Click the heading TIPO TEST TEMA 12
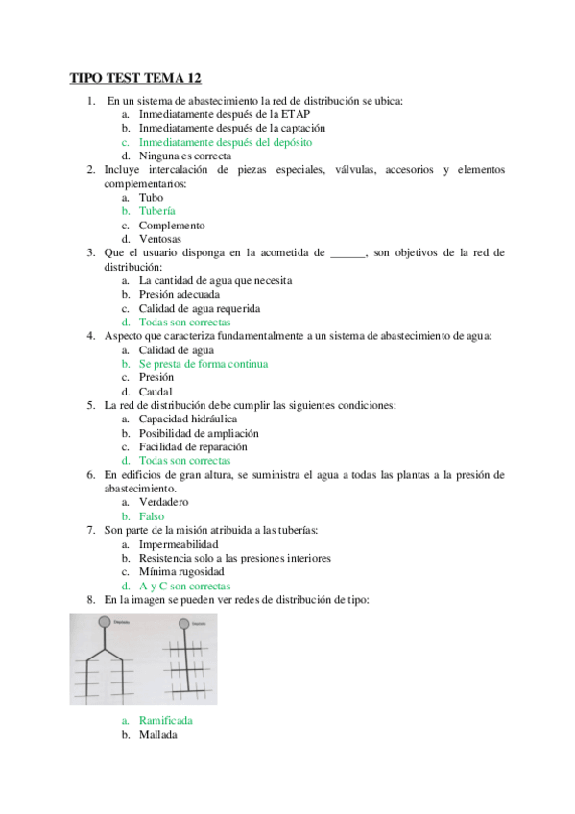click(135, 78)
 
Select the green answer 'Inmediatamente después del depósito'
click(225, 141)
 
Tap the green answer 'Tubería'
click(156, 211)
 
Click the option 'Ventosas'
click(159, 239)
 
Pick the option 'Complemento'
click(171, 226)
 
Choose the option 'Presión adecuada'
click(179, 295)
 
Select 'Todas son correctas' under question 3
click(184, 323)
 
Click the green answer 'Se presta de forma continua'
click(203, 364)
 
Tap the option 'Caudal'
click(156, 392)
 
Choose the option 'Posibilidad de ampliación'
click(199, 433)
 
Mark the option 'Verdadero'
click(163, 502)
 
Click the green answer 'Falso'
click(151, 516)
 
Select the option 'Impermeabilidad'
click(178, 544)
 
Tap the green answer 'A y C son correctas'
click(184, 586)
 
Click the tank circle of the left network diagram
click(105, 622)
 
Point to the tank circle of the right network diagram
click(184, 622)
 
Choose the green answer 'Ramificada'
click(165, 720)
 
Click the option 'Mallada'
click(157, 734)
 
